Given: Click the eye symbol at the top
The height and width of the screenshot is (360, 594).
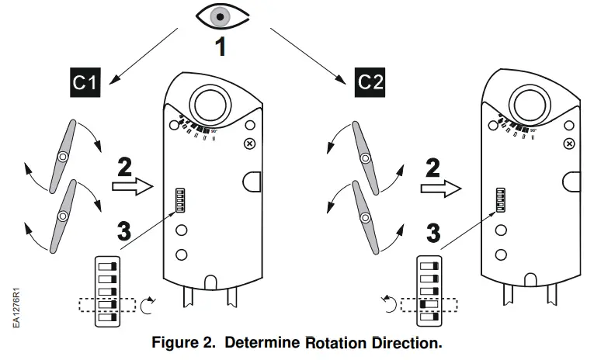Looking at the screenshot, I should [x=221, y=18].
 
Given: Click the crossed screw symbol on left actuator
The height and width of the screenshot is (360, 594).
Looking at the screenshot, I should [x=249, y=144].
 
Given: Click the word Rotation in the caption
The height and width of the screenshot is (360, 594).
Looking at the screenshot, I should [x=341, y=342].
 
